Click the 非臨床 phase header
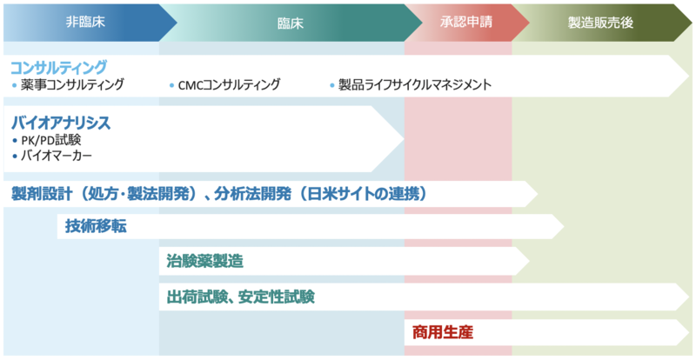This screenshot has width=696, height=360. pyautogui.click(x=85, y=22)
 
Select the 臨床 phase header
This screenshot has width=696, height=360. pyautogui.click(x=291, y=23)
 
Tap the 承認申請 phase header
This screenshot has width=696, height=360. pyautogui.click(x=466, y=22)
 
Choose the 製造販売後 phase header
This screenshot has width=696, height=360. pyautogui.click(x=600, y=23)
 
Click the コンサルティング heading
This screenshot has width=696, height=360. pyautogui.click(x=58, y=68)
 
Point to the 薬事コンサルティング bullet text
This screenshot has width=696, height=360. pyautogui.click(x=72, y=84)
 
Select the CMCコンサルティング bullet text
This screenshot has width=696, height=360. pyautogui.click(x=229, y=84)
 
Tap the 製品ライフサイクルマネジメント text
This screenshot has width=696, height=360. pyautogui.click(x=415, y=84)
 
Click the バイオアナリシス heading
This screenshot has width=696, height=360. pyautogui.click(x=61, y=123)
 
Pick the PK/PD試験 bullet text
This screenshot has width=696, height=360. pyautogui.click(x=51, y=140)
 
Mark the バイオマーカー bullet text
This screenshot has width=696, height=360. pyautogui.click(x=57, y=156)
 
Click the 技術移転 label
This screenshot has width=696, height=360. pyautogui.click(x=96, y=226)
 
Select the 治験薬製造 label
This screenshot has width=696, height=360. pyautogui.click(x=205, y=261)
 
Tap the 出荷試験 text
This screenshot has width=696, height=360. pyautogui.click(x=197, y=297)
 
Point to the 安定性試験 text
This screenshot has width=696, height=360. pyautogui.click(x=276, y=297)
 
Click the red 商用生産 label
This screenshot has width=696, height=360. pyautogui.click(x=443, y=332)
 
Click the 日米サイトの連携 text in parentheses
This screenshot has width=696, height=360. pyautogui.click(x=363, y=194)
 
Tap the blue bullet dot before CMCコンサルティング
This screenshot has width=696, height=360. pyautogui.click(x=171, y=85)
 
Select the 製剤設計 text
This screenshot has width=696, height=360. pyautogui.click(x=42, y=194)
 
